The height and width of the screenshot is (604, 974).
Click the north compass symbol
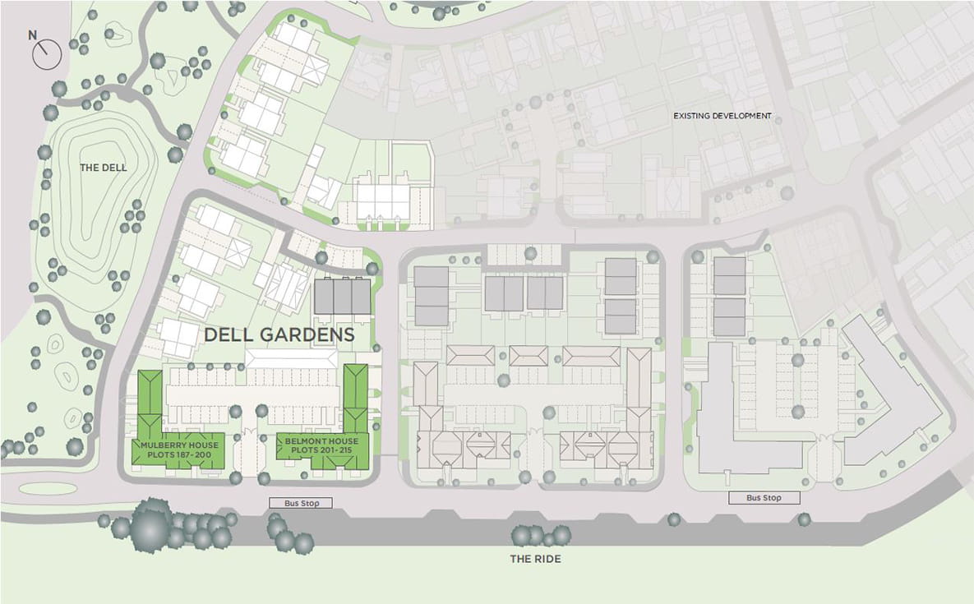[x=47, y=53]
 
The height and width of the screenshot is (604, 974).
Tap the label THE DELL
[x=104, y=168]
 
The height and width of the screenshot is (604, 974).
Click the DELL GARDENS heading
[x=279, y=335]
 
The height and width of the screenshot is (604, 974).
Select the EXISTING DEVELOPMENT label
[x=722, y=116]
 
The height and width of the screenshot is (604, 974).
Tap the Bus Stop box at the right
[x=764, y=498]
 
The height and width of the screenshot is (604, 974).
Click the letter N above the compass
[x=33, y=35]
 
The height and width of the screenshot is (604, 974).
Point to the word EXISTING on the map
[x=690, y=116]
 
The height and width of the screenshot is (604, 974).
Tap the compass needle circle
[x=48, y=55]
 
